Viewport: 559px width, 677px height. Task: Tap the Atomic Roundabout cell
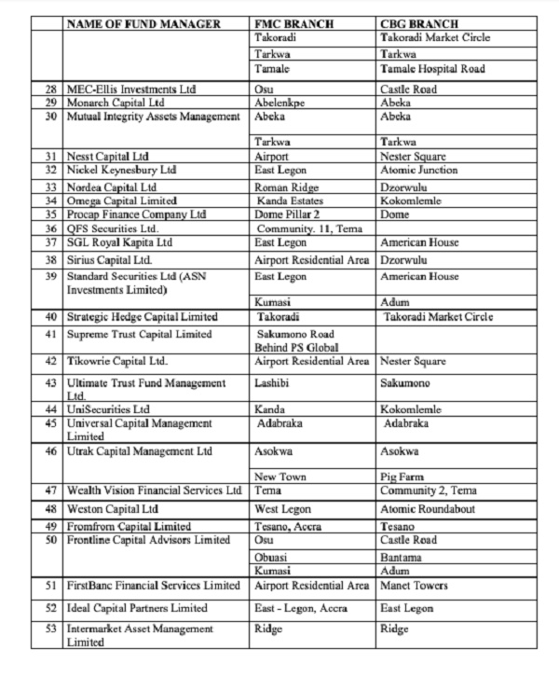pos(429,509)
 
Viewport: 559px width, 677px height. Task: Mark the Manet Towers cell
pos(415,586)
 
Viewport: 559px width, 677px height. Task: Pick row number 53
pos(50,629)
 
